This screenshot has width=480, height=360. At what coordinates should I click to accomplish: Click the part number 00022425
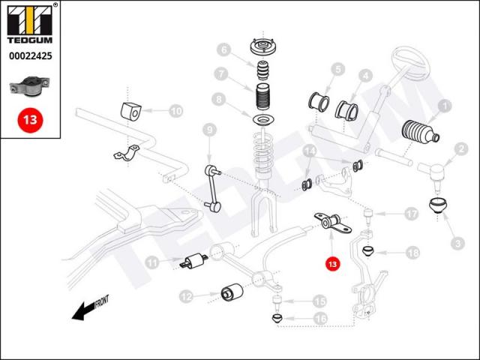30,55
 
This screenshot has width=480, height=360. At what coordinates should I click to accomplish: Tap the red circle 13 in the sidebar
30,118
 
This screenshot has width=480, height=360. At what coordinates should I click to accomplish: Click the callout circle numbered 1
443,106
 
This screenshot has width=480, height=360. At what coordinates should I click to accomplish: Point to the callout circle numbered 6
223,51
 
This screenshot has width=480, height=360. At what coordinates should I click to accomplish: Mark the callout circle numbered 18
412,253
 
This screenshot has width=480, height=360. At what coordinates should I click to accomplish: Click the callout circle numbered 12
187,297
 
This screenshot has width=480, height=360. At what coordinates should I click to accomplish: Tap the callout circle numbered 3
457,242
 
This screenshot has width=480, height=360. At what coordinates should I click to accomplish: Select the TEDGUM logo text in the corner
30,39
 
